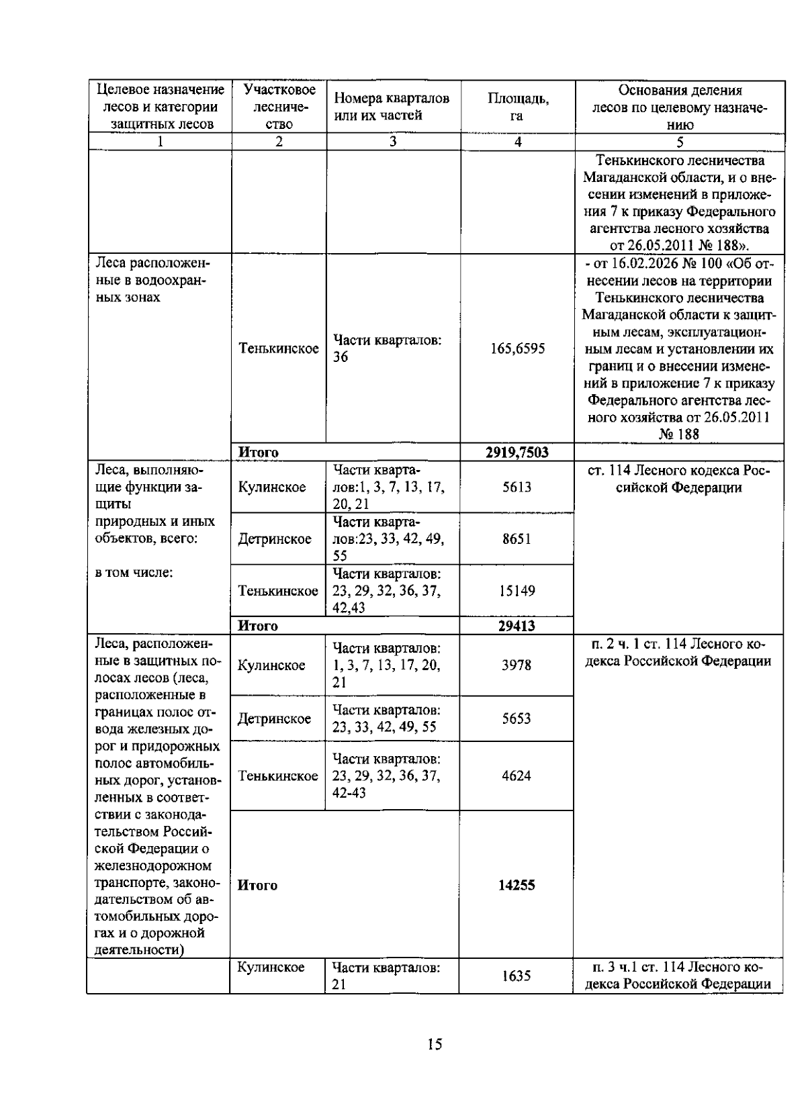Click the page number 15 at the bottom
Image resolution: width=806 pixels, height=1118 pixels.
click(434, 1044)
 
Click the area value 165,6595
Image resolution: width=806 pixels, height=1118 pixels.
click(517, 348)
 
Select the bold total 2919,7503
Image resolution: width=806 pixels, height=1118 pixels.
click(517, 453)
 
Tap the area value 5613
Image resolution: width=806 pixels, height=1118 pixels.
click(517, 487)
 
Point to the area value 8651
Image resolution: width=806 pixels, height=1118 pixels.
click(517, 539)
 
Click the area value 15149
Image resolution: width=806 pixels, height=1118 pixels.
click(517, 591)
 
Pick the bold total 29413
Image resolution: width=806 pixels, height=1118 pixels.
click(517, 626)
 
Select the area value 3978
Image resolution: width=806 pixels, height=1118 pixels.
click(517, 665)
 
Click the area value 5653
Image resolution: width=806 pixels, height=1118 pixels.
click(517, 718)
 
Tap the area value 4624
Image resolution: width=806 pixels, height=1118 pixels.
click(517, 776)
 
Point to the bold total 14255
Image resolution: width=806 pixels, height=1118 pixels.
click(517, 885)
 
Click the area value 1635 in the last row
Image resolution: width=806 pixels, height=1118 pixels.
click(517, 976)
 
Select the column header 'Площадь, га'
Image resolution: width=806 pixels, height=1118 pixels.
click(517, 107)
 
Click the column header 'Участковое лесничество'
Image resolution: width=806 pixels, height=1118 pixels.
click(279, 107)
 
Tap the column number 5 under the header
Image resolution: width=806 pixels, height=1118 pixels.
click(680, 142)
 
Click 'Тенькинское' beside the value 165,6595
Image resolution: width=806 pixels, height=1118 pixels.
click(279, 348)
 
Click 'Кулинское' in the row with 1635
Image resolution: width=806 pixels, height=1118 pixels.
click(271, 968)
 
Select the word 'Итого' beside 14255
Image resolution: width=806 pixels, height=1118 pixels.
click(258, 885)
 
